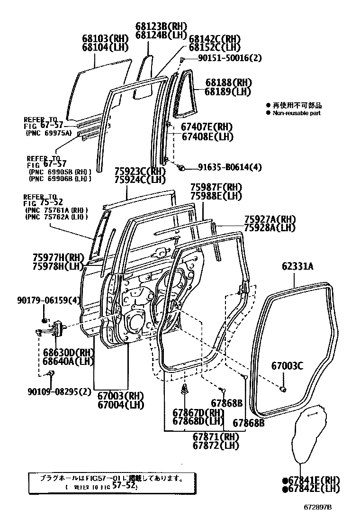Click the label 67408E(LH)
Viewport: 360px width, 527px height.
pos(207,136)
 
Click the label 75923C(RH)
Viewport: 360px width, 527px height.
pos(140,172)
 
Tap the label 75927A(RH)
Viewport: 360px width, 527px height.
pos(270,219)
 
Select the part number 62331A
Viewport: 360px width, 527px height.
pos(298,266)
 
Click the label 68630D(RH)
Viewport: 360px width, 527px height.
pos(62,353)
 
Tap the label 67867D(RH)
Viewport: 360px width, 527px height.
pos(198,413)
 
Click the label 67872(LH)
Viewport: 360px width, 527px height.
pos(216,445)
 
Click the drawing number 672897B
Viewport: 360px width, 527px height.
pos(318,508)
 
